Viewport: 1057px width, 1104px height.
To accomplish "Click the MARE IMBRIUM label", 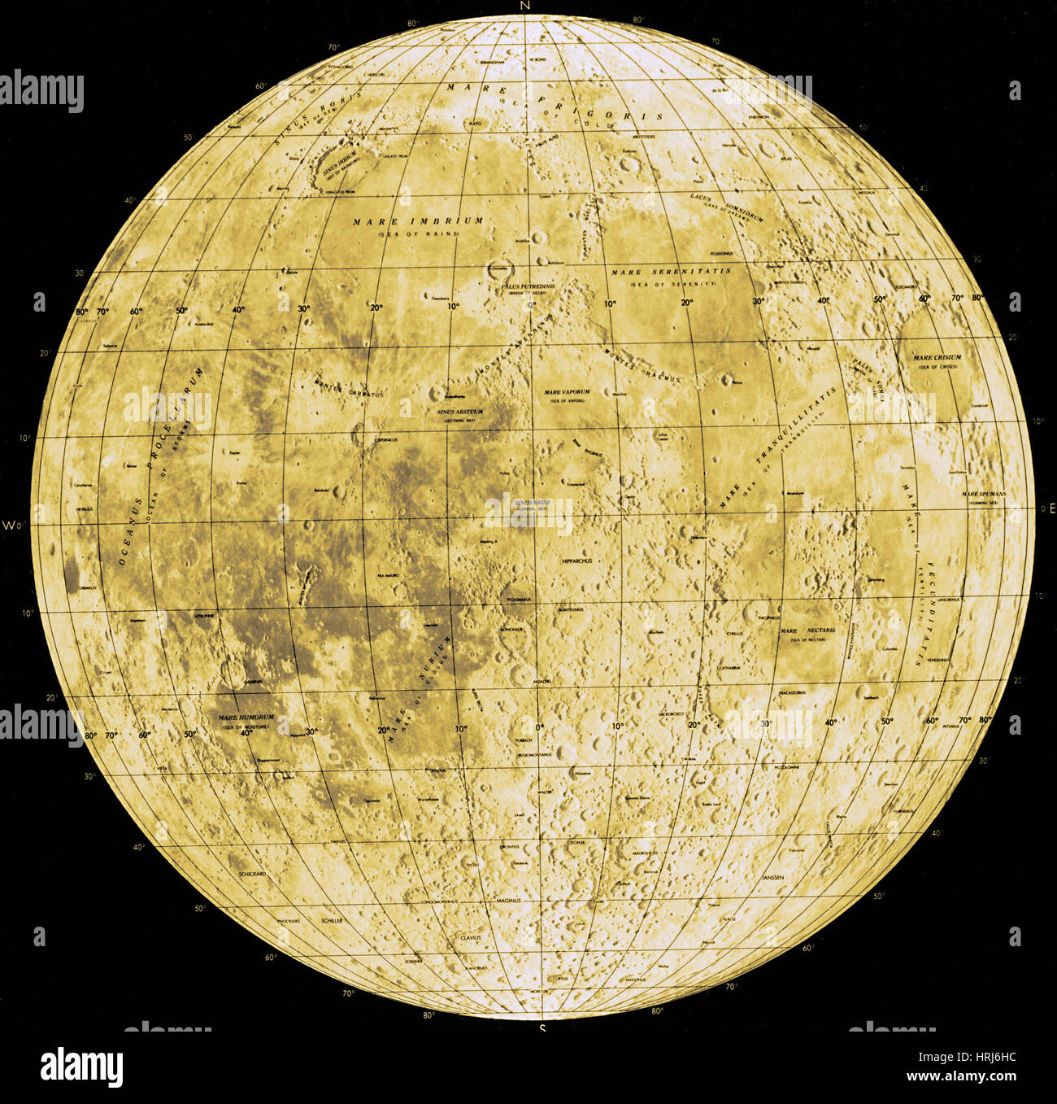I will pos(419,220).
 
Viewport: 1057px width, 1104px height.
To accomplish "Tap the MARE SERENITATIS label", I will pos(671,271).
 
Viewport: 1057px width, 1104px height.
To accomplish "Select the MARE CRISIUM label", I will pos(937,357).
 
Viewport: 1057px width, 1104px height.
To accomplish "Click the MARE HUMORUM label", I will pos(246,718).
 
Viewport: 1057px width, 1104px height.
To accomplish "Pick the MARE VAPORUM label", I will pos(567,392).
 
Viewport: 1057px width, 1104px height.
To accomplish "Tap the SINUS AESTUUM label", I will pos(460,412).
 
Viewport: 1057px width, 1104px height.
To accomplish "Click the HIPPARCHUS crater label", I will pos(577,561).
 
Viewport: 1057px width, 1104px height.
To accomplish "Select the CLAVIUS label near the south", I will pos(471,937).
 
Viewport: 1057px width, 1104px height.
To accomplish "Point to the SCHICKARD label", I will pos(252,874).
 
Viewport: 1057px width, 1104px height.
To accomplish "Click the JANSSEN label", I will pos(773,879).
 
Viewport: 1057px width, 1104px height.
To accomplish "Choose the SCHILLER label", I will pos(332,920).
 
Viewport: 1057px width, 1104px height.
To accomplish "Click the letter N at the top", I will pos(528,7).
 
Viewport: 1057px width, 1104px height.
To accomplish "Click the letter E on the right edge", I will pos(1051,509).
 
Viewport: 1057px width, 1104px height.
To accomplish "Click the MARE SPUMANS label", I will pos(984,494).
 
